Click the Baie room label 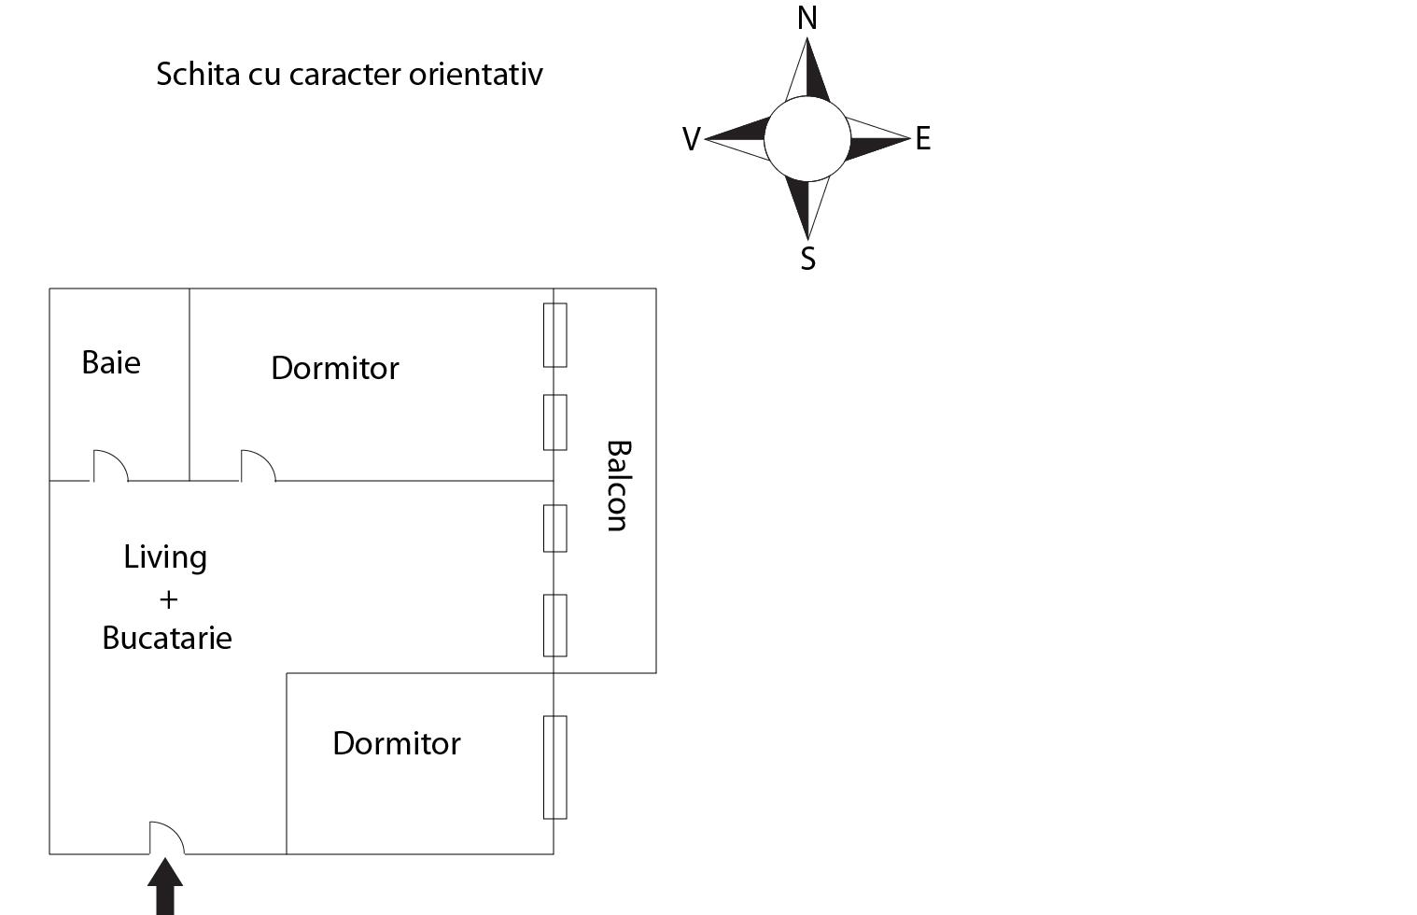(x=111, y=362)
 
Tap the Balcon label (x=617, y=486)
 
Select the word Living (x=165, y=557)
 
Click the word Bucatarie (x=167, y=638)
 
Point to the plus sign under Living (x=168, y=598)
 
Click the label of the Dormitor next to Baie (x=335, y=368)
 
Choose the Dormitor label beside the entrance (x=397, y=743)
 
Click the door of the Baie (x=109, y=466)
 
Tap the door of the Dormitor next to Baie (x=257, y=466)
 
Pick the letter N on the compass (x=807, y=18)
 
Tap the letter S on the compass (x=808, y=259)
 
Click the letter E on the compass (x=923, y=139)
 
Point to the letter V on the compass (x=691, y=139)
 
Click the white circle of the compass (x=807, y=139)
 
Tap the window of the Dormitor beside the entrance (x=554, y=767)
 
